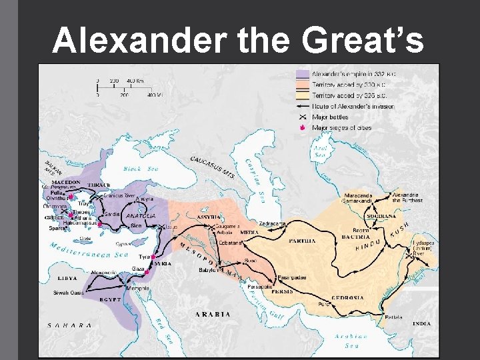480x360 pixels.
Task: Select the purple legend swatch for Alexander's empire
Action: click(303, 74)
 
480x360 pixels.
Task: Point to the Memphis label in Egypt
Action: click(138, 289)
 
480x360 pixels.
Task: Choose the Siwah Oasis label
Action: click(69, 293)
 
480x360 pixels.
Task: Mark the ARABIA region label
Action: click(213, 313)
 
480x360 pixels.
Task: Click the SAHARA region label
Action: click(69, 325)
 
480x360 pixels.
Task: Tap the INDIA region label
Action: click(421, 323)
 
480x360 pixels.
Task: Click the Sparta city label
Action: click(58, 228)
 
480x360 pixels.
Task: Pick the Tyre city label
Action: click(144, 256)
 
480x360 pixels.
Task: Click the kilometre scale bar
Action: click(127, 82)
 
